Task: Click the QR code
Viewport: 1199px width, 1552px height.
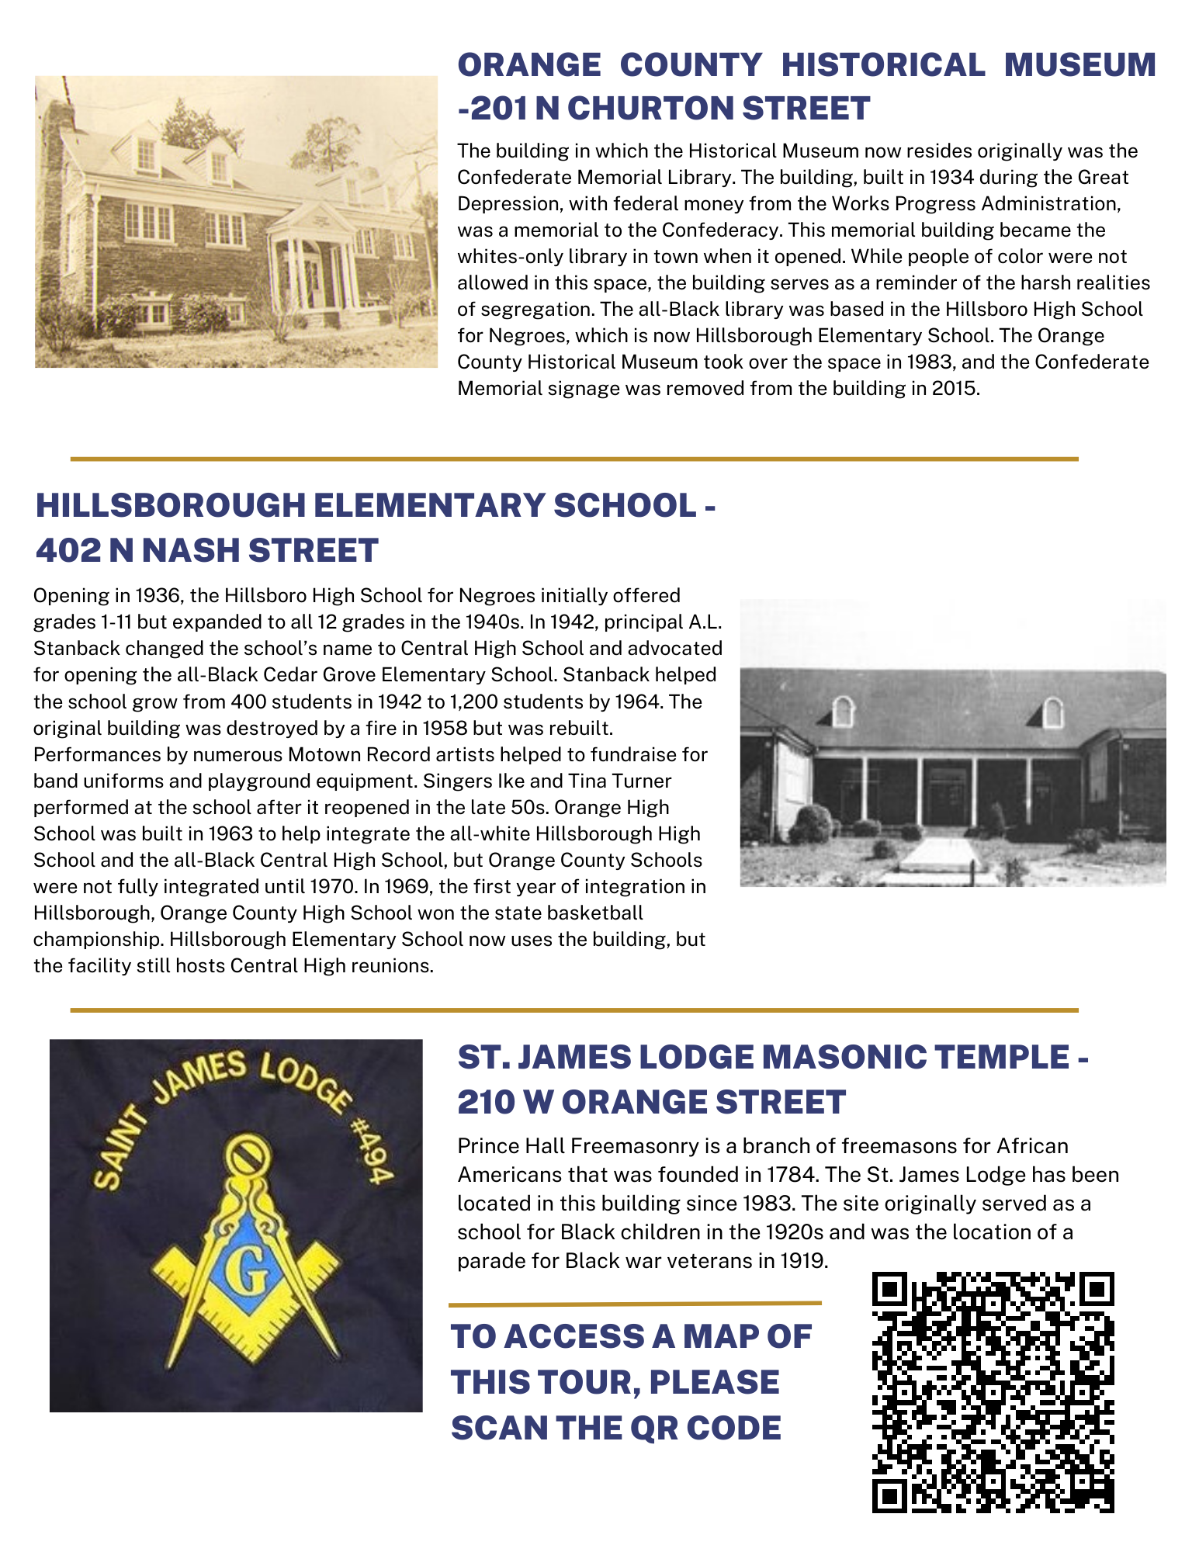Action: click(x=993, y=1392)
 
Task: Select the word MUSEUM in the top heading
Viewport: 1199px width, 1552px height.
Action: click(x=1079, y=64)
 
